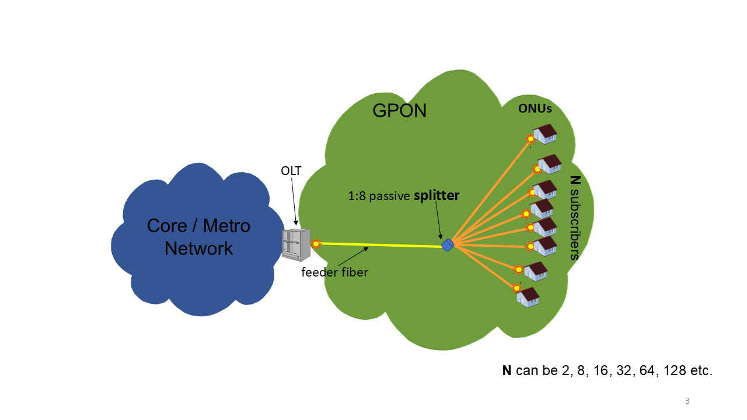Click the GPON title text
[399, 110]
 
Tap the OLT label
[292, 170]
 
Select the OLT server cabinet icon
[296, 244]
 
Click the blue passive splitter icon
[448, 244]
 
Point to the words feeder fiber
[334, 272]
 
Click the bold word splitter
[437, 196]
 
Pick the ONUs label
[535, 108]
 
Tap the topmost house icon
[546, 134]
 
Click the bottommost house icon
[528, 297]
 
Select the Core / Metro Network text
[198, 237]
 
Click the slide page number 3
[687, 401]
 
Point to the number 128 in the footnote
[668, 370]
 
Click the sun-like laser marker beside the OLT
[316, 243]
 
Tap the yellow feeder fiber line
[379, 245]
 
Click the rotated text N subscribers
[574, 218]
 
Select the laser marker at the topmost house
[530, 139]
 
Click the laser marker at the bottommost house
[516, 288]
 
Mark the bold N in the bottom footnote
[507, 370]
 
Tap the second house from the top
[550, 164]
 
